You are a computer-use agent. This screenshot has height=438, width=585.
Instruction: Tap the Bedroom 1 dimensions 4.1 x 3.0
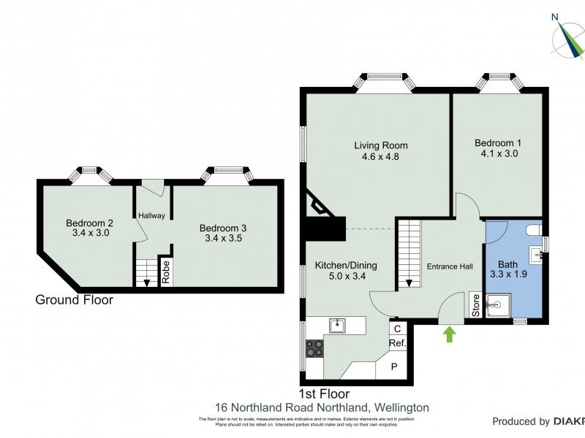pos(497,154)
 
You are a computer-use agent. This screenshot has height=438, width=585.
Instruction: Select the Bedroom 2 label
pos(88,223)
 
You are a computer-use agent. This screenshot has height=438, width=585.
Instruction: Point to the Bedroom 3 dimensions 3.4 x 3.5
pos(222,238)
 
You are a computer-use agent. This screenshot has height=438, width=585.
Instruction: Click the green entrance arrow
pos(449,334)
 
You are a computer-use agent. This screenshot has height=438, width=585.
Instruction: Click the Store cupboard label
pos(474,306)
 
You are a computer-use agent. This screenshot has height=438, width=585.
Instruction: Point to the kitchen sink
pos(337,326)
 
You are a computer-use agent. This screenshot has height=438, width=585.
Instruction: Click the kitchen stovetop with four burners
pos(315,348)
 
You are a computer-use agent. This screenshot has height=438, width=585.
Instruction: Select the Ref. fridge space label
pos(397,342)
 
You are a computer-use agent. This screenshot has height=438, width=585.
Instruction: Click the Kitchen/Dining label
pos(340,265)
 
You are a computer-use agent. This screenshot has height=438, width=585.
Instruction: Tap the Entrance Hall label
pos(449,266)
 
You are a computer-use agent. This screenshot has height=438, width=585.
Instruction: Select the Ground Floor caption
pos(75,299)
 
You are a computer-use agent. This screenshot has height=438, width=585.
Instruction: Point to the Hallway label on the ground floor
pos(152,215)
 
